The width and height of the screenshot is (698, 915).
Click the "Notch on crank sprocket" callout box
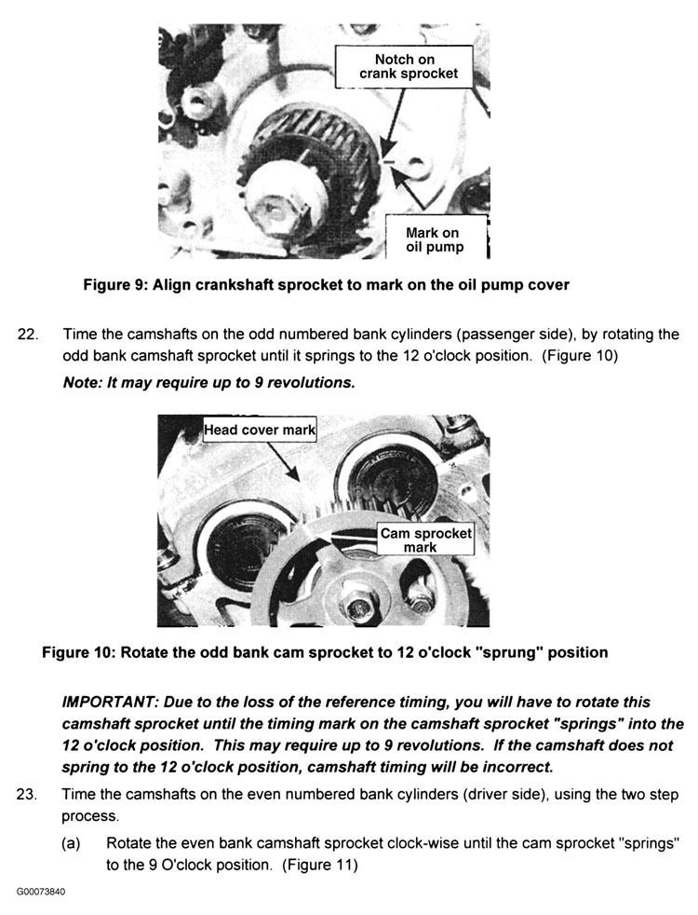coord(405,66)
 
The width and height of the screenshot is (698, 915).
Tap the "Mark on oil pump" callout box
coord(434,239)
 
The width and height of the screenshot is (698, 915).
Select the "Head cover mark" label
coord(261,430)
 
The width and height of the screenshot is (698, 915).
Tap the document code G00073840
coord(41,892)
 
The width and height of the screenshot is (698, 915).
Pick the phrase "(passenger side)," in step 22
coord(419,335)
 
